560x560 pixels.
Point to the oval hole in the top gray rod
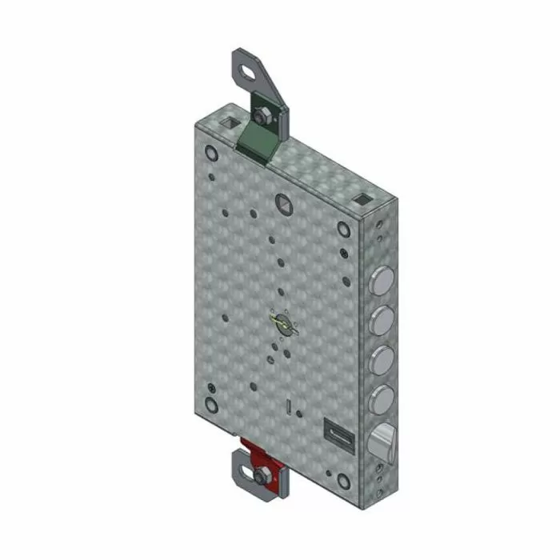click(246, 71)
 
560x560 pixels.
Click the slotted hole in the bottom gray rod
click(243, 462)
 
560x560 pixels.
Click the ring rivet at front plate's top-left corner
click(210, 152)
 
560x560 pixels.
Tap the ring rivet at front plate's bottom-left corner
click(211, 404)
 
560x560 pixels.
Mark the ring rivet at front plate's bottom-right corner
click(343, 482)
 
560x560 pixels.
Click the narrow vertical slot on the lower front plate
click(286, 408)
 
